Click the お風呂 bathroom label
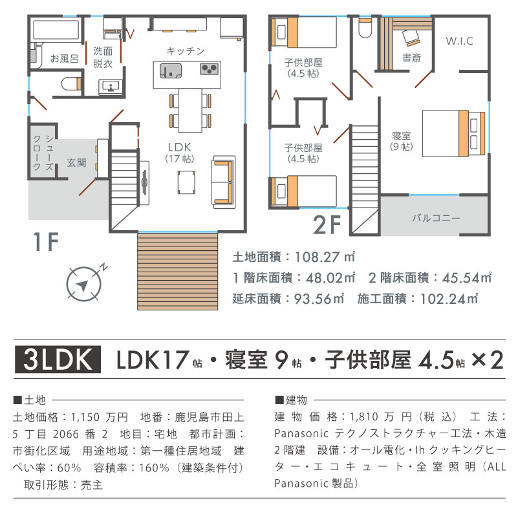coord(64,58)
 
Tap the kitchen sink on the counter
coord(171,70)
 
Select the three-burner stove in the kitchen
coord(210,69)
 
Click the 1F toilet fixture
coord(71,83)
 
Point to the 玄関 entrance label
coord(76,163)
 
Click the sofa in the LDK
coord(223,182)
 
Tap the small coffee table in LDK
coord(186,182)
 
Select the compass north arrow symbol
coord(84,283)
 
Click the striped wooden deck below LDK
coord(177,271)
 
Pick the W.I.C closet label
coord(460,41)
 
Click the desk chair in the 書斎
coord(411,37)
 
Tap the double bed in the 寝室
coord(453,133)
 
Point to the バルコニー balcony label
coord(436,218)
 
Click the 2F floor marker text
coord(327,225)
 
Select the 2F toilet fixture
coord(364,28)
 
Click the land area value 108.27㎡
coord(325,257)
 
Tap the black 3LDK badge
coord(58,360)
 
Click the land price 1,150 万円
coord(99,417)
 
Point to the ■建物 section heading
coord(291,400)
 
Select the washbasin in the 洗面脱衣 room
coord(111,87)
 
